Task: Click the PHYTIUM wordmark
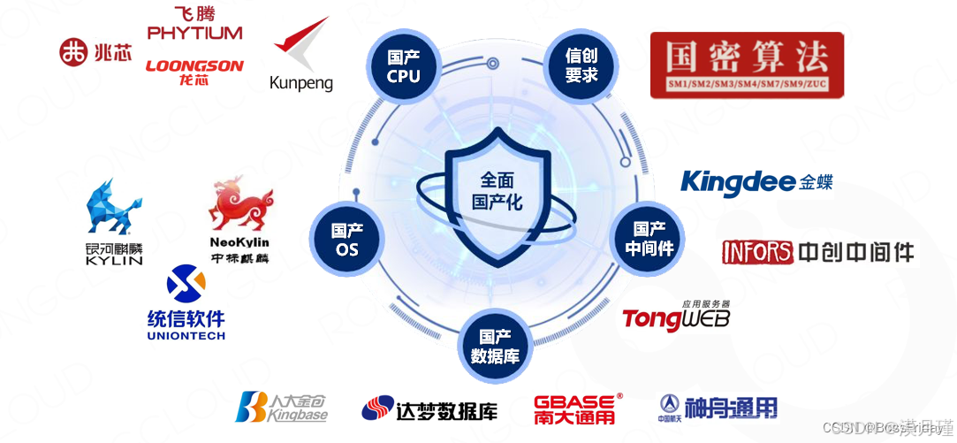(194, 33)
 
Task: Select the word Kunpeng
(300, 84)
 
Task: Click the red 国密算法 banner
(747, 65)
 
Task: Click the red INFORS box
(757, 252)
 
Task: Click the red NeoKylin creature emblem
(239, 202)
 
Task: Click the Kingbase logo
(282, 407)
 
